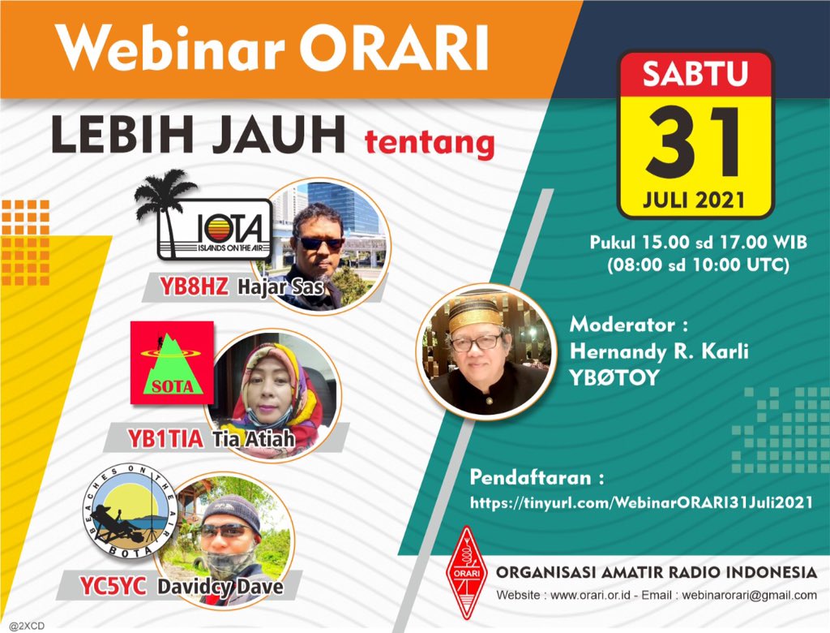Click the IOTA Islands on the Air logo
click(213, 229)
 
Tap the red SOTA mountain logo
click(172, 362)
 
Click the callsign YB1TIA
click(165, 439)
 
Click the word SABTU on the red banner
click(695, 74)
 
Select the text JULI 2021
click(695, 199)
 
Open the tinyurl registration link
click(641, 503)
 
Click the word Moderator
click(622, 325)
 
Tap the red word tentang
click(430, 143)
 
